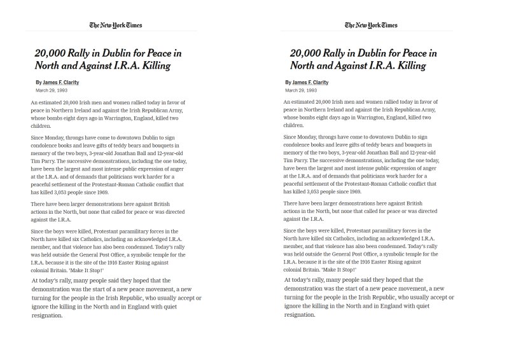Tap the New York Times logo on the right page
[371, 25]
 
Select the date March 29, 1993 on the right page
[299, 90]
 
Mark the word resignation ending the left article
[48, 315]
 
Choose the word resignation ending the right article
[301, 315]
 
